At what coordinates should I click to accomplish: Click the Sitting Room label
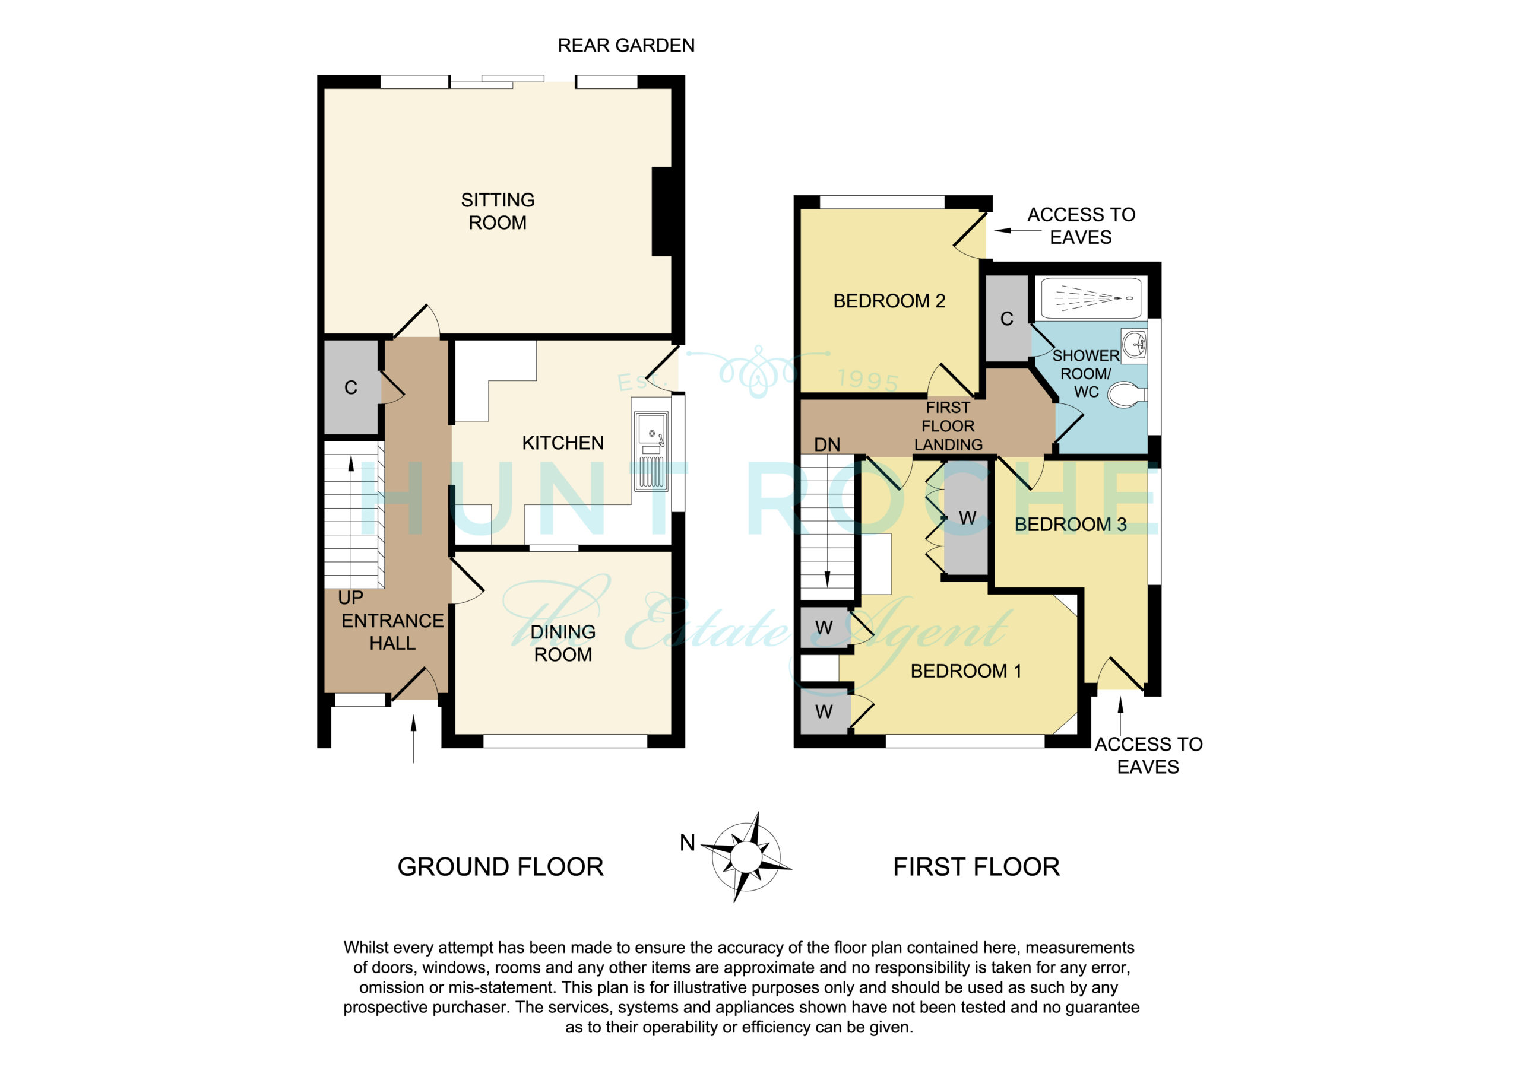497,211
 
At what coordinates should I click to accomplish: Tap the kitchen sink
651,452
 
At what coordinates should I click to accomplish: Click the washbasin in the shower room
1134,345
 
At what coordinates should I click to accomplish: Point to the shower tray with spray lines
1091,298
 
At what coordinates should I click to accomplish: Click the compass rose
746,856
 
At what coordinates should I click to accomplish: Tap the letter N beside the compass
687,843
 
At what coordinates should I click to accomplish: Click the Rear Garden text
626,45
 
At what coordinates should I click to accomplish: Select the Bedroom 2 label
888,301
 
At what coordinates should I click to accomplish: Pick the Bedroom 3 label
1070,524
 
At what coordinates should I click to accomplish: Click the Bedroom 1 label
966,671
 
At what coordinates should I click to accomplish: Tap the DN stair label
827,444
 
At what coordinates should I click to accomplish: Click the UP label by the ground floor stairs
350,598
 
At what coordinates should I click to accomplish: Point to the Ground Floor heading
500,867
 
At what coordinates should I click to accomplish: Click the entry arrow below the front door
414,739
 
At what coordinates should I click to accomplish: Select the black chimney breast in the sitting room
663,212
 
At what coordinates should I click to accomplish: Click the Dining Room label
563,643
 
